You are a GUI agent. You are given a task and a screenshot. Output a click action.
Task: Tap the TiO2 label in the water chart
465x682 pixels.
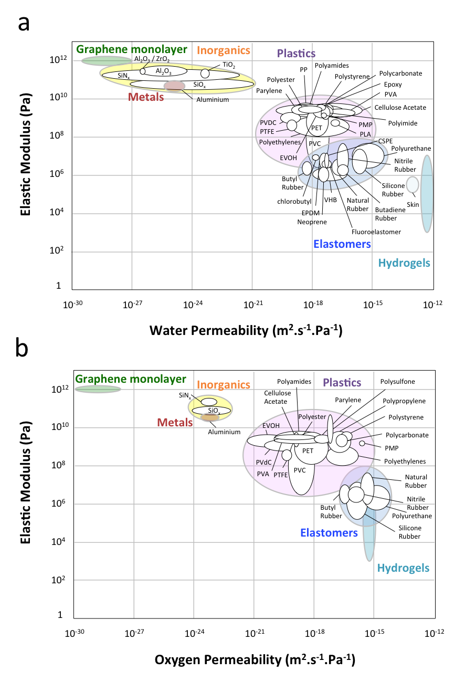coord(229,65)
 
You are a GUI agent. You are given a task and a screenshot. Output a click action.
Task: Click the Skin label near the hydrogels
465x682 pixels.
coord(413,204)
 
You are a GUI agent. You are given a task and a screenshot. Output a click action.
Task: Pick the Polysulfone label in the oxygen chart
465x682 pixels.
coord(397,382)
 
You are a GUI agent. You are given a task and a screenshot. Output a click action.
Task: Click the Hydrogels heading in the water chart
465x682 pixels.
coord(404,264)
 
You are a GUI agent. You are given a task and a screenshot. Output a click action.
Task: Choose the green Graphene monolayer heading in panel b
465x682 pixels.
coord(131,379)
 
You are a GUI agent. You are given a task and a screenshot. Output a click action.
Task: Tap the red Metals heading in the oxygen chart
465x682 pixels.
coord(175,422)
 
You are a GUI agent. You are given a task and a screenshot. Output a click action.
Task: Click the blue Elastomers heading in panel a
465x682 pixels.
coord(342,244)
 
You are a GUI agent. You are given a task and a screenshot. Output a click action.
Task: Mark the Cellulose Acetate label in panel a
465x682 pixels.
coord(400,108)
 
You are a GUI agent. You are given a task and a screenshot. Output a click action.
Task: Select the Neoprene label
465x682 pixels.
coord(312,222)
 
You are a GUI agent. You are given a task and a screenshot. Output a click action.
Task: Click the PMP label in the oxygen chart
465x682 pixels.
coord(391,448)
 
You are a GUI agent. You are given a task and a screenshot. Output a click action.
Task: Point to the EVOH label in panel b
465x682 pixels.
coord(271,426)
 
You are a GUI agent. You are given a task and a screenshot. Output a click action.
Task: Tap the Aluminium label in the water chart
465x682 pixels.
coord(213,99)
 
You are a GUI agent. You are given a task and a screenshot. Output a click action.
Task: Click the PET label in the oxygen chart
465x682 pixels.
coord(308,450)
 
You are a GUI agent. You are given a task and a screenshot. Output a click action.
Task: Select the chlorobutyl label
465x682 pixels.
coord(294,201)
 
